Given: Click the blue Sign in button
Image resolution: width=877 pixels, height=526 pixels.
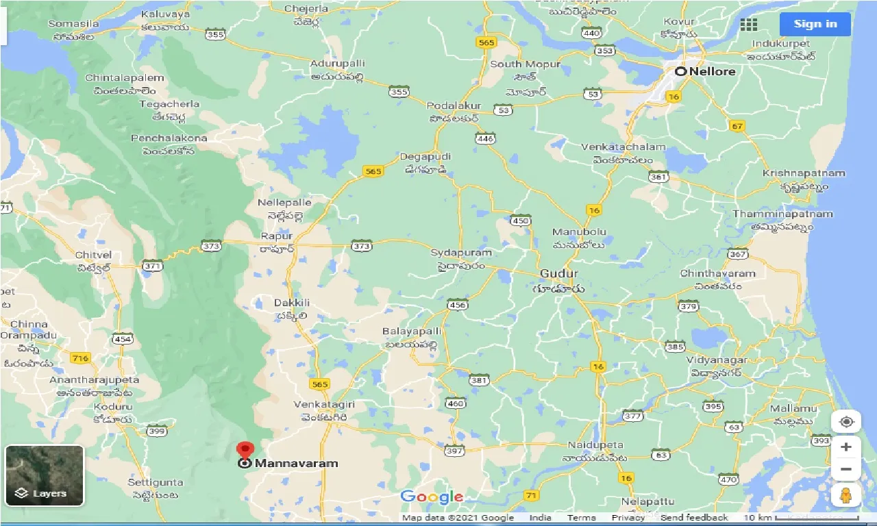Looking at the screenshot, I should [815, 24].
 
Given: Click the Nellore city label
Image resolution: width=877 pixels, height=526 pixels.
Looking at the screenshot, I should [712, 71].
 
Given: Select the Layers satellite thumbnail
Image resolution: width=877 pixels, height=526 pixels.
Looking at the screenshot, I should [45, 475].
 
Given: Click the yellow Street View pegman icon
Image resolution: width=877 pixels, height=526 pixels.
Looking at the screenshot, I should [845, 494].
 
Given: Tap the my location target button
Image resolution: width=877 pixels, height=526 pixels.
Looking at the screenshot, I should [845, 421].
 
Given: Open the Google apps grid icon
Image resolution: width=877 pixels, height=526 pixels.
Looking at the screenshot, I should [749, 25].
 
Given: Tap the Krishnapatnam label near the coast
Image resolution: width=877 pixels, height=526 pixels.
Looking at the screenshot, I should [803, 173].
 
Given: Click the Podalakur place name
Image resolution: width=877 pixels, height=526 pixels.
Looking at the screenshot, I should [454, 106].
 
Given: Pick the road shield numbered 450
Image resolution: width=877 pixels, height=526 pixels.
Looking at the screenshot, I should [520, 220].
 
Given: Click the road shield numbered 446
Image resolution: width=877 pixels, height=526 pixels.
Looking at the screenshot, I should [485, 138].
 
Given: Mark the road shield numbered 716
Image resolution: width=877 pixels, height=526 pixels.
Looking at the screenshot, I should [80, 358].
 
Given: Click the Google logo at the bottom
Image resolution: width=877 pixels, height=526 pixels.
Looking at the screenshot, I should [432, 497].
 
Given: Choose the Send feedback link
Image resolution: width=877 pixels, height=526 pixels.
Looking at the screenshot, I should [694, 518].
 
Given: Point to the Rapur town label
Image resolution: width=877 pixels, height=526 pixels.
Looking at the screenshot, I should [276, 236].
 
